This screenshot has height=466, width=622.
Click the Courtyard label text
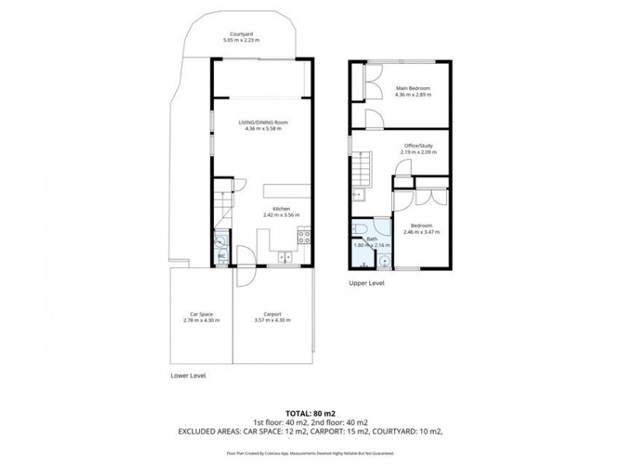tap(239, 33)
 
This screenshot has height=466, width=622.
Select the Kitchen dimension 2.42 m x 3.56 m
tap(281, 215)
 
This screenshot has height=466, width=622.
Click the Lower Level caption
tap(188, 374)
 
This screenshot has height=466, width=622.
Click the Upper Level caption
tap(366, 283)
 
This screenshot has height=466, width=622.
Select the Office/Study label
tap(418, 146)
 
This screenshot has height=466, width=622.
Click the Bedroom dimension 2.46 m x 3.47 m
tap(421, 231)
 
